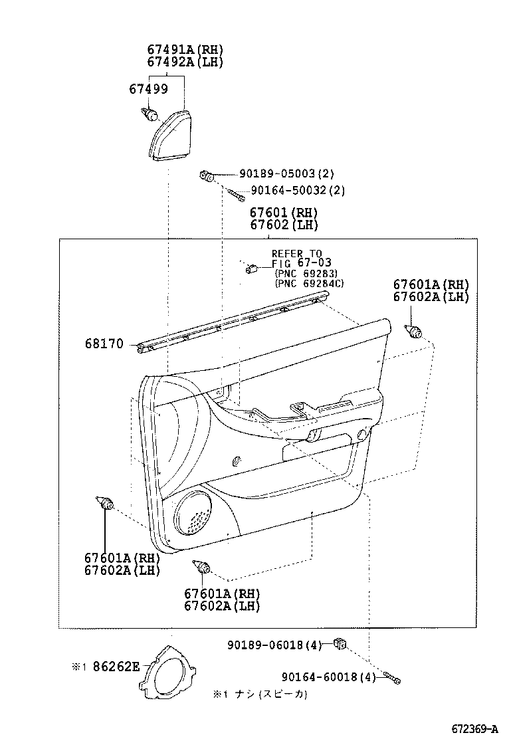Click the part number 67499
[x=148, y=89]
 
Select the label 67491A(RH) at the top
[x=185, y=50]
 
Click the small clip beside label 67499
[x=151, y=115]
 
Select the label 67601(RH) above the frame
[x=284, y=213]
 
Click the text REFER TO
[x=296, y=253]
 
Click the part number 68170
[x=104, y=344]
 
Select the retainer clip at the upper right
[x=415, y=330]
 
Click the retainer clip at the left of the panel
[x=104, y=502]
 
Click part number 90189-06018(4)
[x=274, y=645]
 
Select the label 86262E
[x=116, y=667]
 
